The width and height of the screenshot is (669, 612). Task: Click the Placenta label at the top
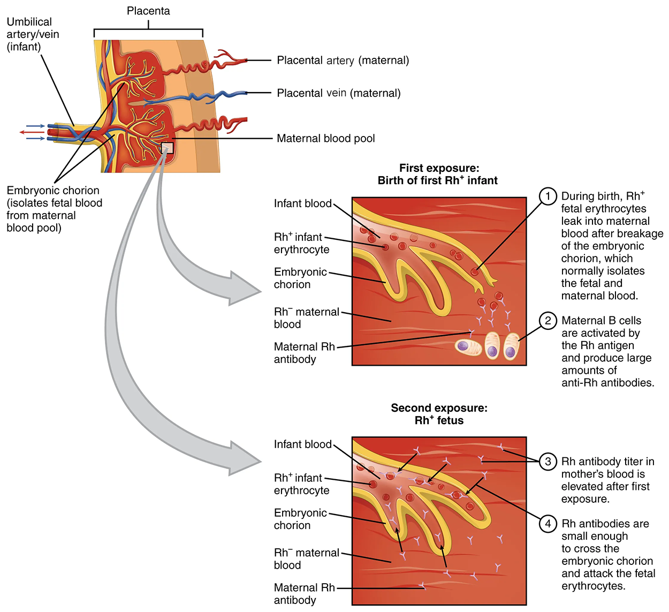click(148, 11)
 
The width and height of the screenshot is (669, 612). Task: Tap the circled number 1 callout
click(548, 197)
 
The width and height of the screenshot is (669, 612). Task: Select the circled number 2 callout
click(548, 321)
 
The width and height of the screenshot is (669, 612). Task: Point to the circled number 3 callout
click(548, 462)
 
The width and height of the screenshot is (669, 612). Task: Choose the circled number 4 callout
click(548, 524)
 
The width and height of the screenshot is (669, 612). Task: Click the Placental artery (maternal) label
click(343, 61)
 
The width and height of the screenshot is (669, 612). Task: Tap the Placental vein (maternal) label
click(338, 93)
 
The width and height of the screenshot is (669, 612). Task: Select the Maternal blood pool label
click(325, 139)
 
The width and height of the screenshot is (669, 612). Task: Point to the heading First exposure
click(439, 168)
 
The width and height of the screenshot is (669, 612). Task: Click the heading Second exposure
click(439, 408)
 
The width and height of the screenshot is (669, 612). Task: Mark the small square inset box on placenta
click(168, 148)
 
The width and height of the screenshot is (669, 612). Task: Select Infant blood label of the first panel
click(302, 203)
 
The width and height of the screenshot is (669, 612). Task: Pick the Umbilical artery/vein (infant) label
click(33, 34)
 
